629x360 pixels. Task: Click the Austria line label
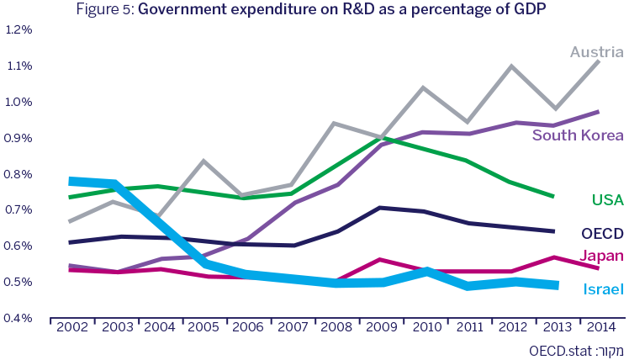pos(596,52)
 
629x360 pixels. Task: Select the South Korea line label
pos(578,135)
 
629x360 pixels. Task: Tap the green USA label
pos(607,199)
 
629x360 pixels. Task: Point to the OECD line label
pos(602,233)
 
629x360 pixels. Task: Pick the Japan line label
pos(601,255)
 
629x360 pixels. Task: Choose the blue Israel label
pos(603,289)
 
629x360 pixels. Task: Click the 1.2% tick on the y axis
pos(18,29)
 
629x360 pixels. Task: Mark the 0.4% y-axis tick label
pos(18,318)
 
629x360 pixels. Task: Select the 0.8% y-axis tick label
pos(18,174)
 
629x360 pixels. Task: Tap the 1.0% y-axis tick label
pos(18,102)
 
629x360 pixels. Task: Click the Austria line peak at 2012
pos(513,66)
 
